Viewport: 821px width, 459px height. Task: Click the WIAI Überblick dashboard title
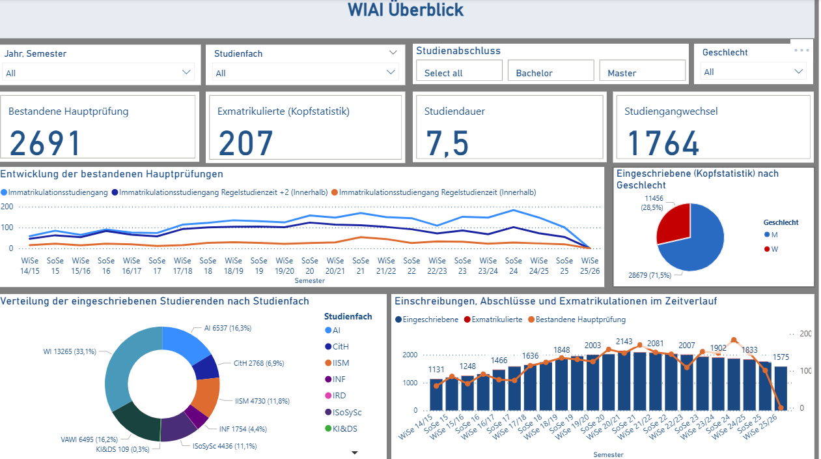(406, 10)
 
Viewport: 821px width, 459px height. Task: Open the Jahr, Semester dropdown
(98, 72)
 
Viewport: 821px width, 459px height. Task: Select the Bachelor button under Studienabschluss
(551, 72)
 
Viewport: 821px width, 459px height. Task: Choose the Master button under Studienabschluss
(642, 72)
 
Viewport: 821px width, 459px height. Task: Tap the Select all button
(459, 72)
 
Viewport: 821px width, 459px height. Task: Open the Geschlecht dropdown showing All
(754, 72)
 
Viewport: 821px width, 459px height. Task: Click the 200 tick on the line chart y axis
(7, 206)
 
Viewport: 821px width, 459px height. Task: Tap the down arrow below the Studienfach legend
(355, 452)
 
